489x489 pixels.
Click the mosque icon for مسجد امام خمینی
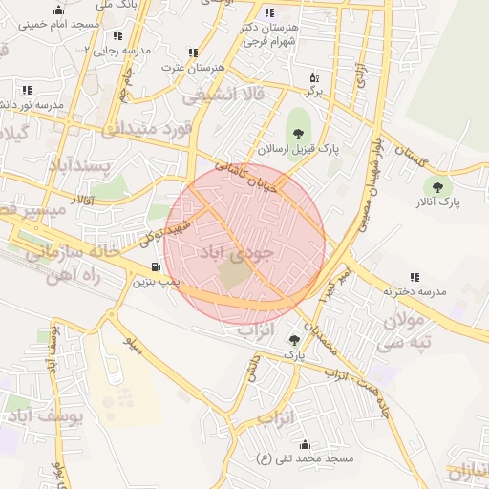59,11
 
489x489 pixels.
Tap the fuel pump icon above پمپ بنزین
156,266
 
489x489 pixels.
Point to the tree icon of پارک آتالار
438,188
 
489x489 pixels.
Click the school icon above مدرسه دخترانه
415,276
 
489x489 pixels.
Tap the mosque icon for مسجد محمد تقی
305,444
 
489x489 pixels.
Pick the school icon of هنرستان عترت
193,53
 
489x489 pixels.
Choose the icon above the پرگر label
314,78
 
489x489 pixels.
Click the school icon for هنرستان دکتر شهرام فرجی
269,13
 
